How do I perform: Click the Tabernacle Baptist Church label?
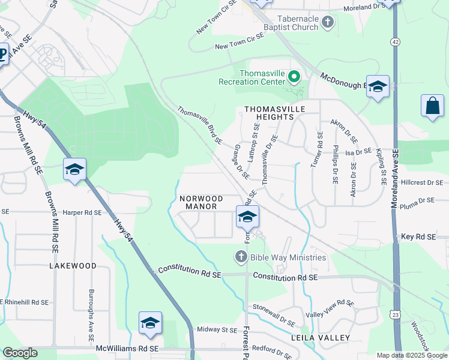pyautogui.click(x=289, y=22)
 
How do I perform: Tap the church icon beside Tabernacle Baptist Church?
pyautogui.click(x=328, y=23)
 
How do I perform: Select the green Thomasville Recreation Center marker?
pyautogui.click(x=294, y=76)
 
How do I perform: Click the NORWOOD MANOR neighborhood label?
pyautogui.click(x=201, y=202)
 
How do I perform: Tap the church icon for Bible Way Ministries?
pyautogui.click(x=241, y=257)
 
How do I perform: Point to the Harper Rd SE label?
pyautogui.click(x=82, y=212)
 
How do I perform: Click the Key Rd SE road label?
pyautogui.click(x=418, y=238)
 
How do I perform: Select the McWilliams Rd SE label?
pyautogui.click(x=127, y=348)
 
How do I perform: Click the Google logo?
pyautogui.click(x=19, y=353)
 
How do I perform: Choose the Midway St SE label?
pyautogui.click(x=217, y=329)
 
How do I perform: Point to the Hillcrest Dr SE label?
pyautogui.click(x=421, y=182)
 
